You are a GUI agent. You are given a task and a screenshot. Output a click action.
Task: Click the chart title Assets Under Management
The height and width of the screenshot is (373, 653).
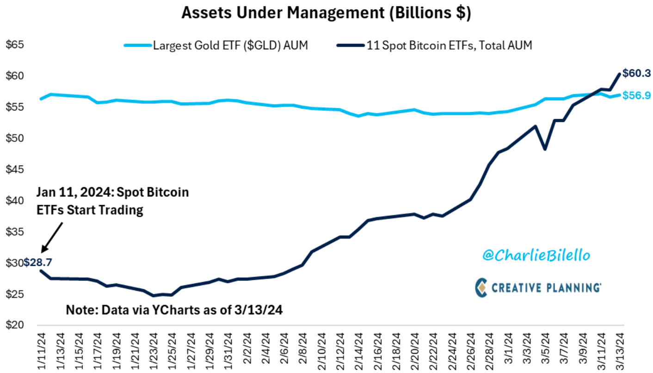(326, 12)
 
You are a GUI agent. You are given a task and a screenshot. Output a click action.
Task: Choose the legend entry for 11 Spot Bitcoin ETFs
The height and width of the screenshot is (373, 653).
(449, 45)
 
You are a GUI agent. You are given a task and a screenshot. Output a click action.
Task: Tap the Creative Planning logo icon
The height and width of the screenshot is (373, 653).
(481, 287)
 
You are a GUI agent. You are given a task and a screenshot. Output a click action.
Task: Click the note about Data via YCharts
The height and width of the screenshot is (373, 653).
(173, 310)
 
